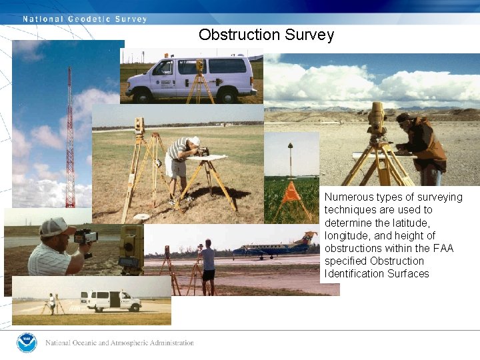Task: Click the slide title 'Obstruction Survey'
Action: [266, 35]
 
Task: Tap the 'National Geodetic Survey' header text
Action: [85, 19]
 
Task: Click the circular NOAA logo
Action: [27, 343]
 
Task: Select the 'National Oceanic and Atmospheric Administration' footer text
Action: [120, 343]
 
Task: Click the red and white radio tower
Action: [70, 140]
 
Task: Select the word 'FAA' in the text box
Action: [442, 248]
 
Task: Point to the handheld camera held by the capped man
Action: [85, 236]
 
